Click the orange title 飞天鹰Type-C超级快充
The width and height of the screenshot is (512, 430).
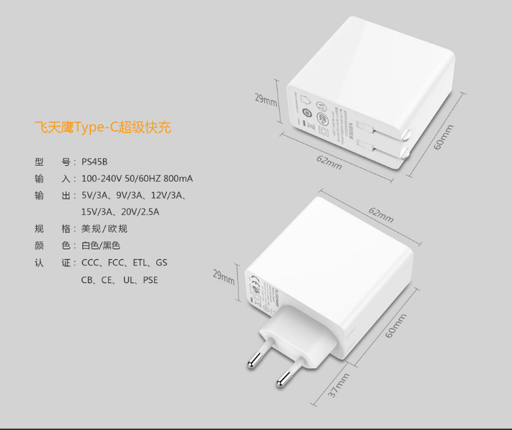point(103,127)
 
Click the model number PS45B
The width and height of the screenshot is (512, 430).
point(95,162)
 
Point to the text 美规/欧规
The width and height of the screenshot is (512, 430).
point(104,229)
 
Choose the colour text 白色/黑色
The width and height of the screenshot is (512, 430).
point(100,245)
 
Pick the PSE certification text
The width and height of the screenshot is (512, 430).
point(150,280)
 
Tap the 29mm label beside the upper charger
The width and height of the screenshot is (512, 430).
point(265,100)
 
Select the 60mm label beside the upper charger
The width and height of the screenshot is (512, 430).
point(444,137)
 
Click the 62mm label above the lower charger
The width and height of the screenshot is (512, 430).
point(381,215)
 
